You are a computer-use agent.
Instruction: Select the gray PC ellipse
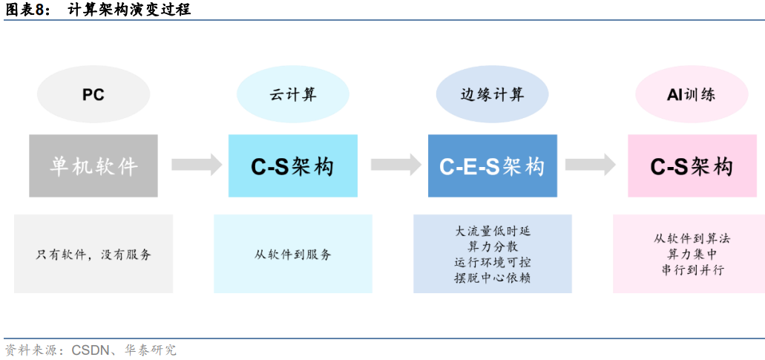93,95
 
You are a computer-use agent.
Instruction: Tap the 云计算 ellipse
292,95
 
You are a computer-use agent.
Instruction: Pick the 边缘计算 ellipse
492,95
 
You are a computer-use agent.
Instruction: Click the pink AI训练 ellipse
692,95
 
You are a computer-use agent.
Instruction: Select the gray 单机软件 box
93,166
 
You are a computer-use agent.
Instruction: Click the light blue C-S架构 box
292,166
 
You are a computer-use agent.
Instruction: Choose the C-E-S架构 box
492,166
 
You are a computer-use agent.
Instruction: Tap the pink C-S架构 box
692,166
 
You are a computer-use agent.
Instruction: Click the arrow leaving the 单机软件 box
196,165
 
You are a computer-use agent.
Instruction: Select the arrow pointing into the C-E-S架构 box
395,165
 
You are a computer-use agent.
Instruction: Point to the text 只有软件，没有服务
93,255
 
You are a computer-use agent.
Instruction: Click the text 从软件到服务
292,255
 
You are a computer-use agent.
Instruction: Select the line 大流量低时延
492,231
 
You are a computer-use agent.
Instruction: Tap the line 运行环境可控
492,262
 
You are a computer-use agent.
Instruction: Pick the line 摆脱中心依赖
492,278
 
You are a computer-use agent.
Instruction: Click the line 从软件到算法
692,239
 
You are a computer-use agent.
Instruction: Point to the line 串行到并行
692,270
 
